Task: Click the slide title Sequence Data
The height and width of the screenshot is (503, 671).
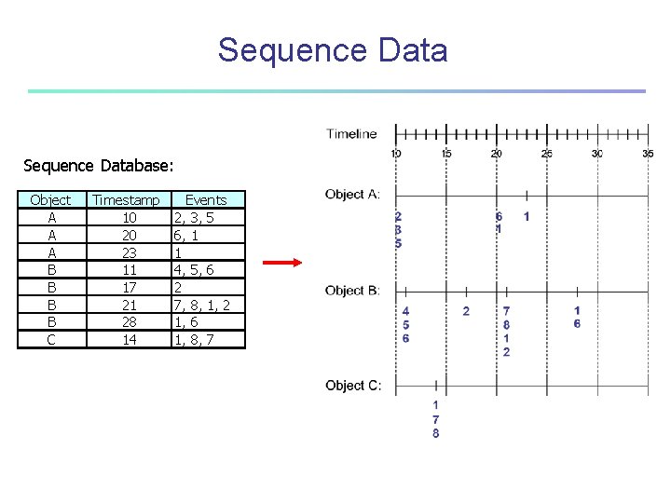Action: click(x=333, y=50)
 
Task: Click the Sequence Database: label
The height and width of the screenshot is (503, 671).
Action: click(x=98, y=166)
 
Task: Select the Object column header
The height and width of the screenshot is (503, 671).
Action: click(x=50, y=200)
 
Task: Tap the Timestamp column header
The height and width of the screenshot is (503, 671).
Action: click(x=127, y=200)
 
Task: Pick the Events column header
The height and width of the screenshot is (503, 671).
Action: click(x=206, y=200)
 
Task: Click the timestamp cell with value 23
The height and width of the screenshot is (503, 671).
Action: click(x=130, y=252)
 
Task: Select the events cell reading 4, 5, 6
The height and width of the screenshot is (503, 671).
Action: click(x=194, y=270)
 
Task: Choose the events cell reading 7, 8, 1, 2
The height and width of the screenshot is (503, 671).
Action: click(x=202, y=305)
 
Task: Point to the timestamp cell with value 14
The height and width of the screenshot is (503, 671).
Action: click(x=130, y=340)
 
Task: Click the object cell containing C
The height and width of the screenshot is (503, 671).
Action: click(x=50, y=340)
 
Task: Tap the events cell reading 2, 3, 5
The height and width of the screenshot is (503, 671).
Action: click(x=194, y=218)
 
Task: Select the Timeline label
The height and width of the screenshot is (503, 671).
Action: click(x=351, y=134)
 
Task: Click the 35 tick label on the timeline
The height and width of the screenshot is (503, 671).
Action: click(x=648, y=154)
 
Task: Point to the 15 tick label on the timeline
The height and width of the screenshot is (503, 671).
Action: click(x=446, y=154)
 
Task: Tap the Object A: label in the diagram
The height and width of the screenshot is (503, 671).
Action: click(x=352, y=195)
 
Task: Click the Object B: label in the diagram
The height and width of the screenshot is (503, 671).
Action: click(x=352, y=291)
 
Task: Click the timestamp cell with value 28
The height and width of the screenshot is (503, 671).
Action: click(x=130, y=322)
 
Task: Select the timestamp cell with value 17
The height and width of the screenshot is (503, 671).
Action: click(x=130, y=288)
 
